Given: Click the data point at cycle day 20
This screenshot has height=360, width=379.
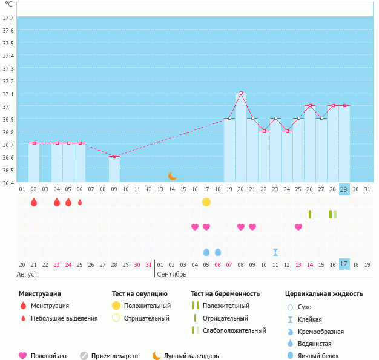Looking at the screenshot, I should pyautogui.click(x=241, y=93).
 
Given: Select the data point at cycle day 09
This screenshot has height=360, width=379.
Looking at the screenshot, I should pyautogui.click(x=114, y=156).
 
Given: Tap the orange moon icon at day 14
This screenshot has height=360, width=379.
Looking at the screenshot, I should pyautogui.click(x=173, y=175).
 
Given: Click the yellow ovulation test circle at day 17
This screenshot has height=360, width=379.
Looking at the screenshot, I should pyautogui.click(x=206, y=201).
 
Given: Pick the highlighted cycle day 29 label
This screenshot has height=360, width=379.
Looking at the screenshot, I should pyautogui.click(x=344, y=189).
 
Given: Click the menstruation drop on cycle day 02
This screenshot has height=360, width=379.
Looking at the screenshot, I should pyautogui.click(x=34, y=202).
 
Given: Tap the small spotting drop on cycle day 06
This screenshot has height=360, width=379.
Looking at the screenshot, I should pyautogui.click(x=80, y=202).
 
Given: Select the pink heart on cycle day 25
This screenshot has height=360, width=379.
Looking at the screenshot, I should pyautogui.click(x=298, y=227).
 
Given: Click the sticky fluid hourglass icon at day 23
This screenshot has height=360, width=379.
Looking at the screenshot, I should pyautogui.click(x=275, y=252).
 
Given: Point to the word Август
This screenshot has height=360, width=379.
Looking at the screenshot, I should pyautogui.click(x=28, y=275).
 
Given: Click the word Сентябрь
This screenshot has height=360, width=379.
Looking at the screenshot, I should pyautogui.click(x=173, y=275).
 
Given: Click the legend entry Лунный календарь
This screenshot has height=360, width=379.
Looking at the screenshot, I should pyautogui.click(x=191, y=356).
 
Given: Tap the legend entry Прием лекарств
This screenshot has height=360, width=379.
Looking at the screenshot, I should pyautogui.click(x=114, y=356).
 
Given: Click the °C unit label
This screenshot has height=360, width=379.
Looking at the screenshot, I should pyautogui.click(x=8, y=5).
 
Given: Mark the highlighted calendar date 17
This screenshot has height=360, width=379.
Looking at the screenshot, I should pyautogui.click(x=344, y=264).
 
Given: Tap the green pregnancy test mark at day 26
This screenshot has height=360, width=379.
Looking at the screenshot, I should pyautogui.click(x=310, y=214).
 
